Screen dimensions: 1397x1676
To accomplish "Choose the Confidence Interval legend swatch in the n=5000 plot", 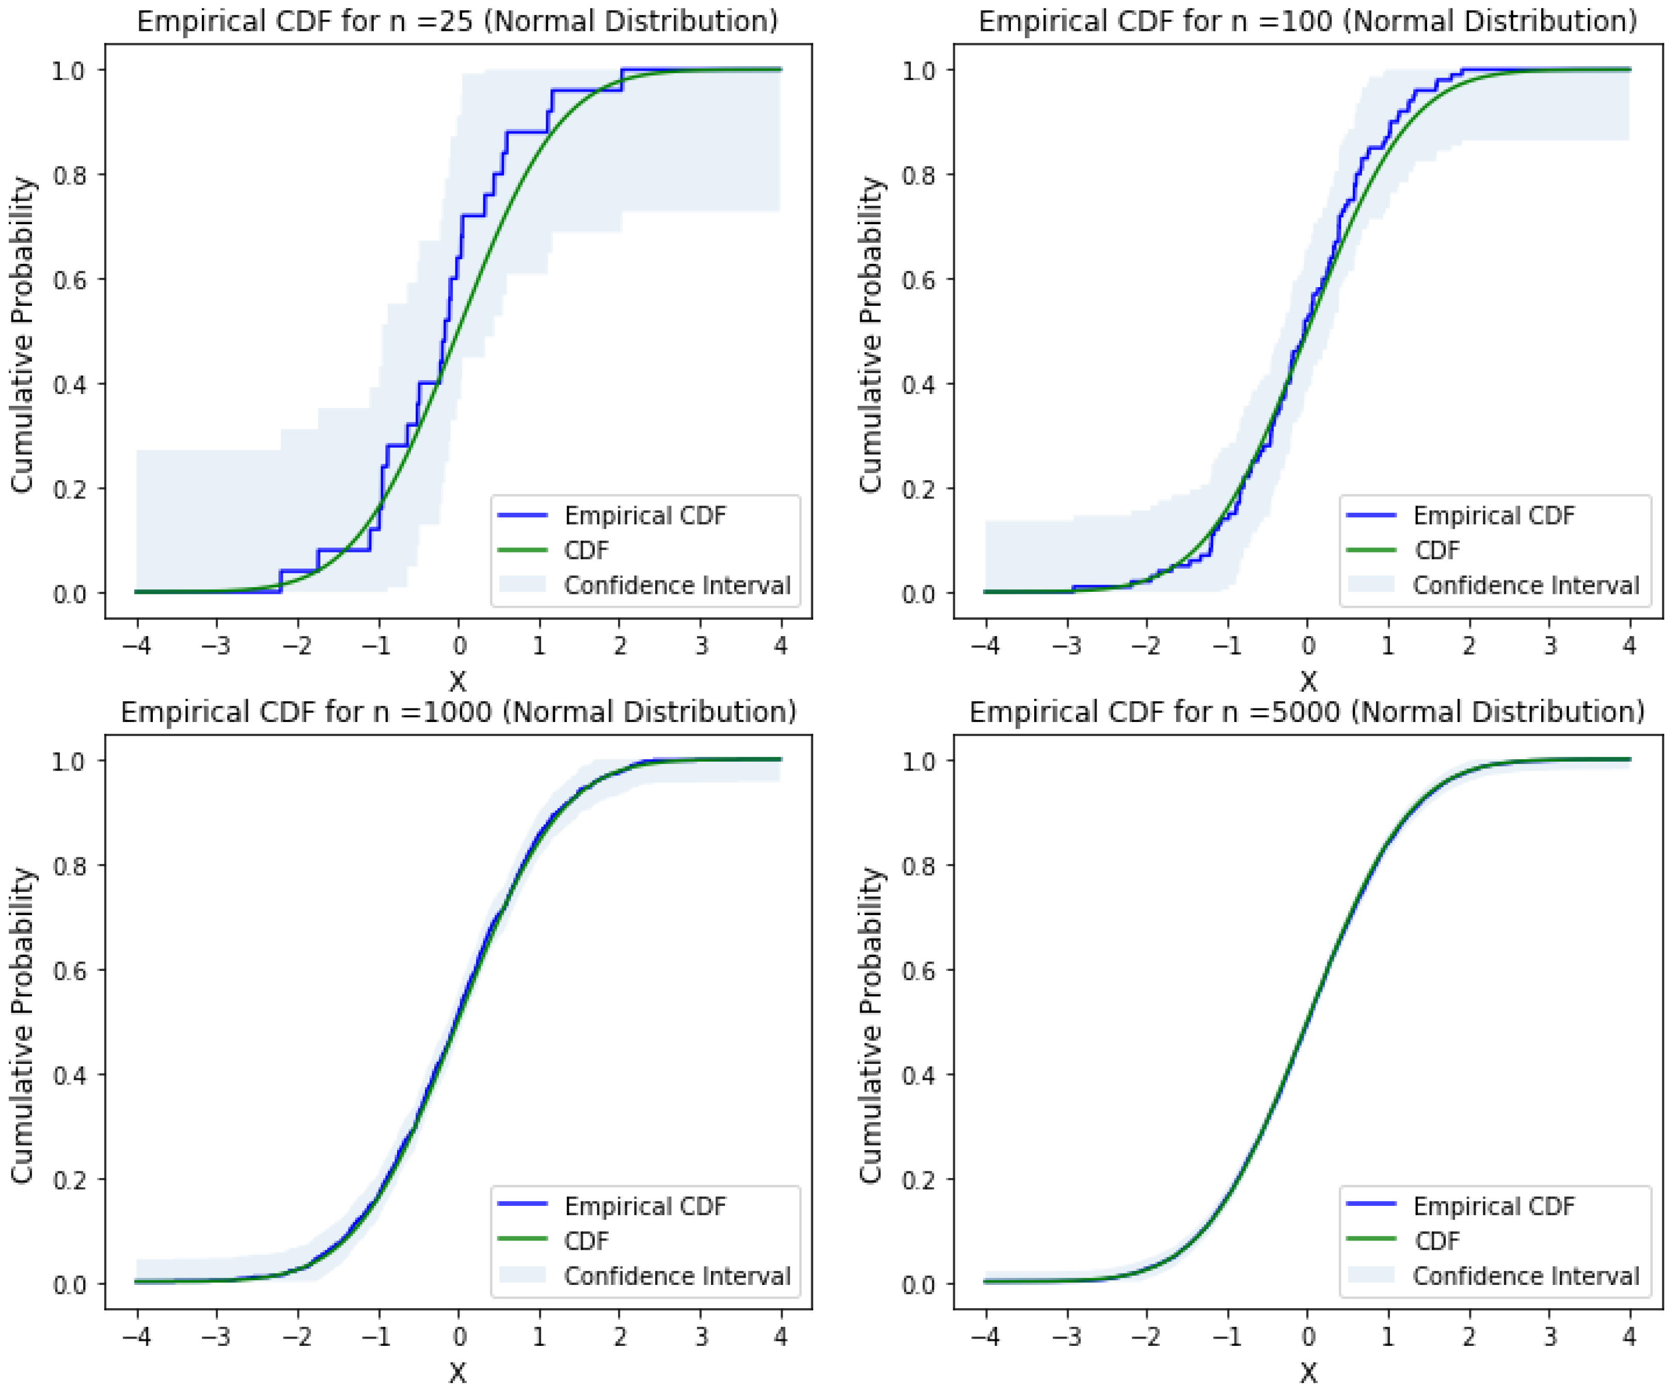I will (x=1370, y=1276).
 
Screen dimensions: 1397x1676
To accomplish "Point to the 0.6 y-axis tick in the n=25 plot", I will (x=69, y=280).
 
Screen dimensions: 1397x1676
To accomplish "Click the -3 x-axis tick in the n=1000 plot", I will (x=217, y=1337).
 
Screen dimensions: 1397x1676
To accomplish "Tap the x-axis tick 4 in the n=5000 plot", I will (x=1629, y=1337).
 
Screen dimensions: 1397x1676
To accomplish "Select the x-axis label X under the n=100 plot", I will (x=1307, y=681).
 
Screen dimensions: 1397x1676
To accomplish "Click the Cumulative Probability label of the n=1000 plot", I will (x=22, y=1025).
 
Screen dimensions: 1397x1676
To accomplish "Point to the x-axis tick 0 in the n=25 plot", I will (x=459, y=645).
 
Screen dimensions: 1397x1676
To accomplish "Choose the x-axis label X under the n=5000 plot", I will (x=1307, y=1372).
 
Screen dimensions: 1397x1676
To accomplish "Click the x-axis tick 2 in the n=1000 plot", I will (x=620, y=1337).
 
